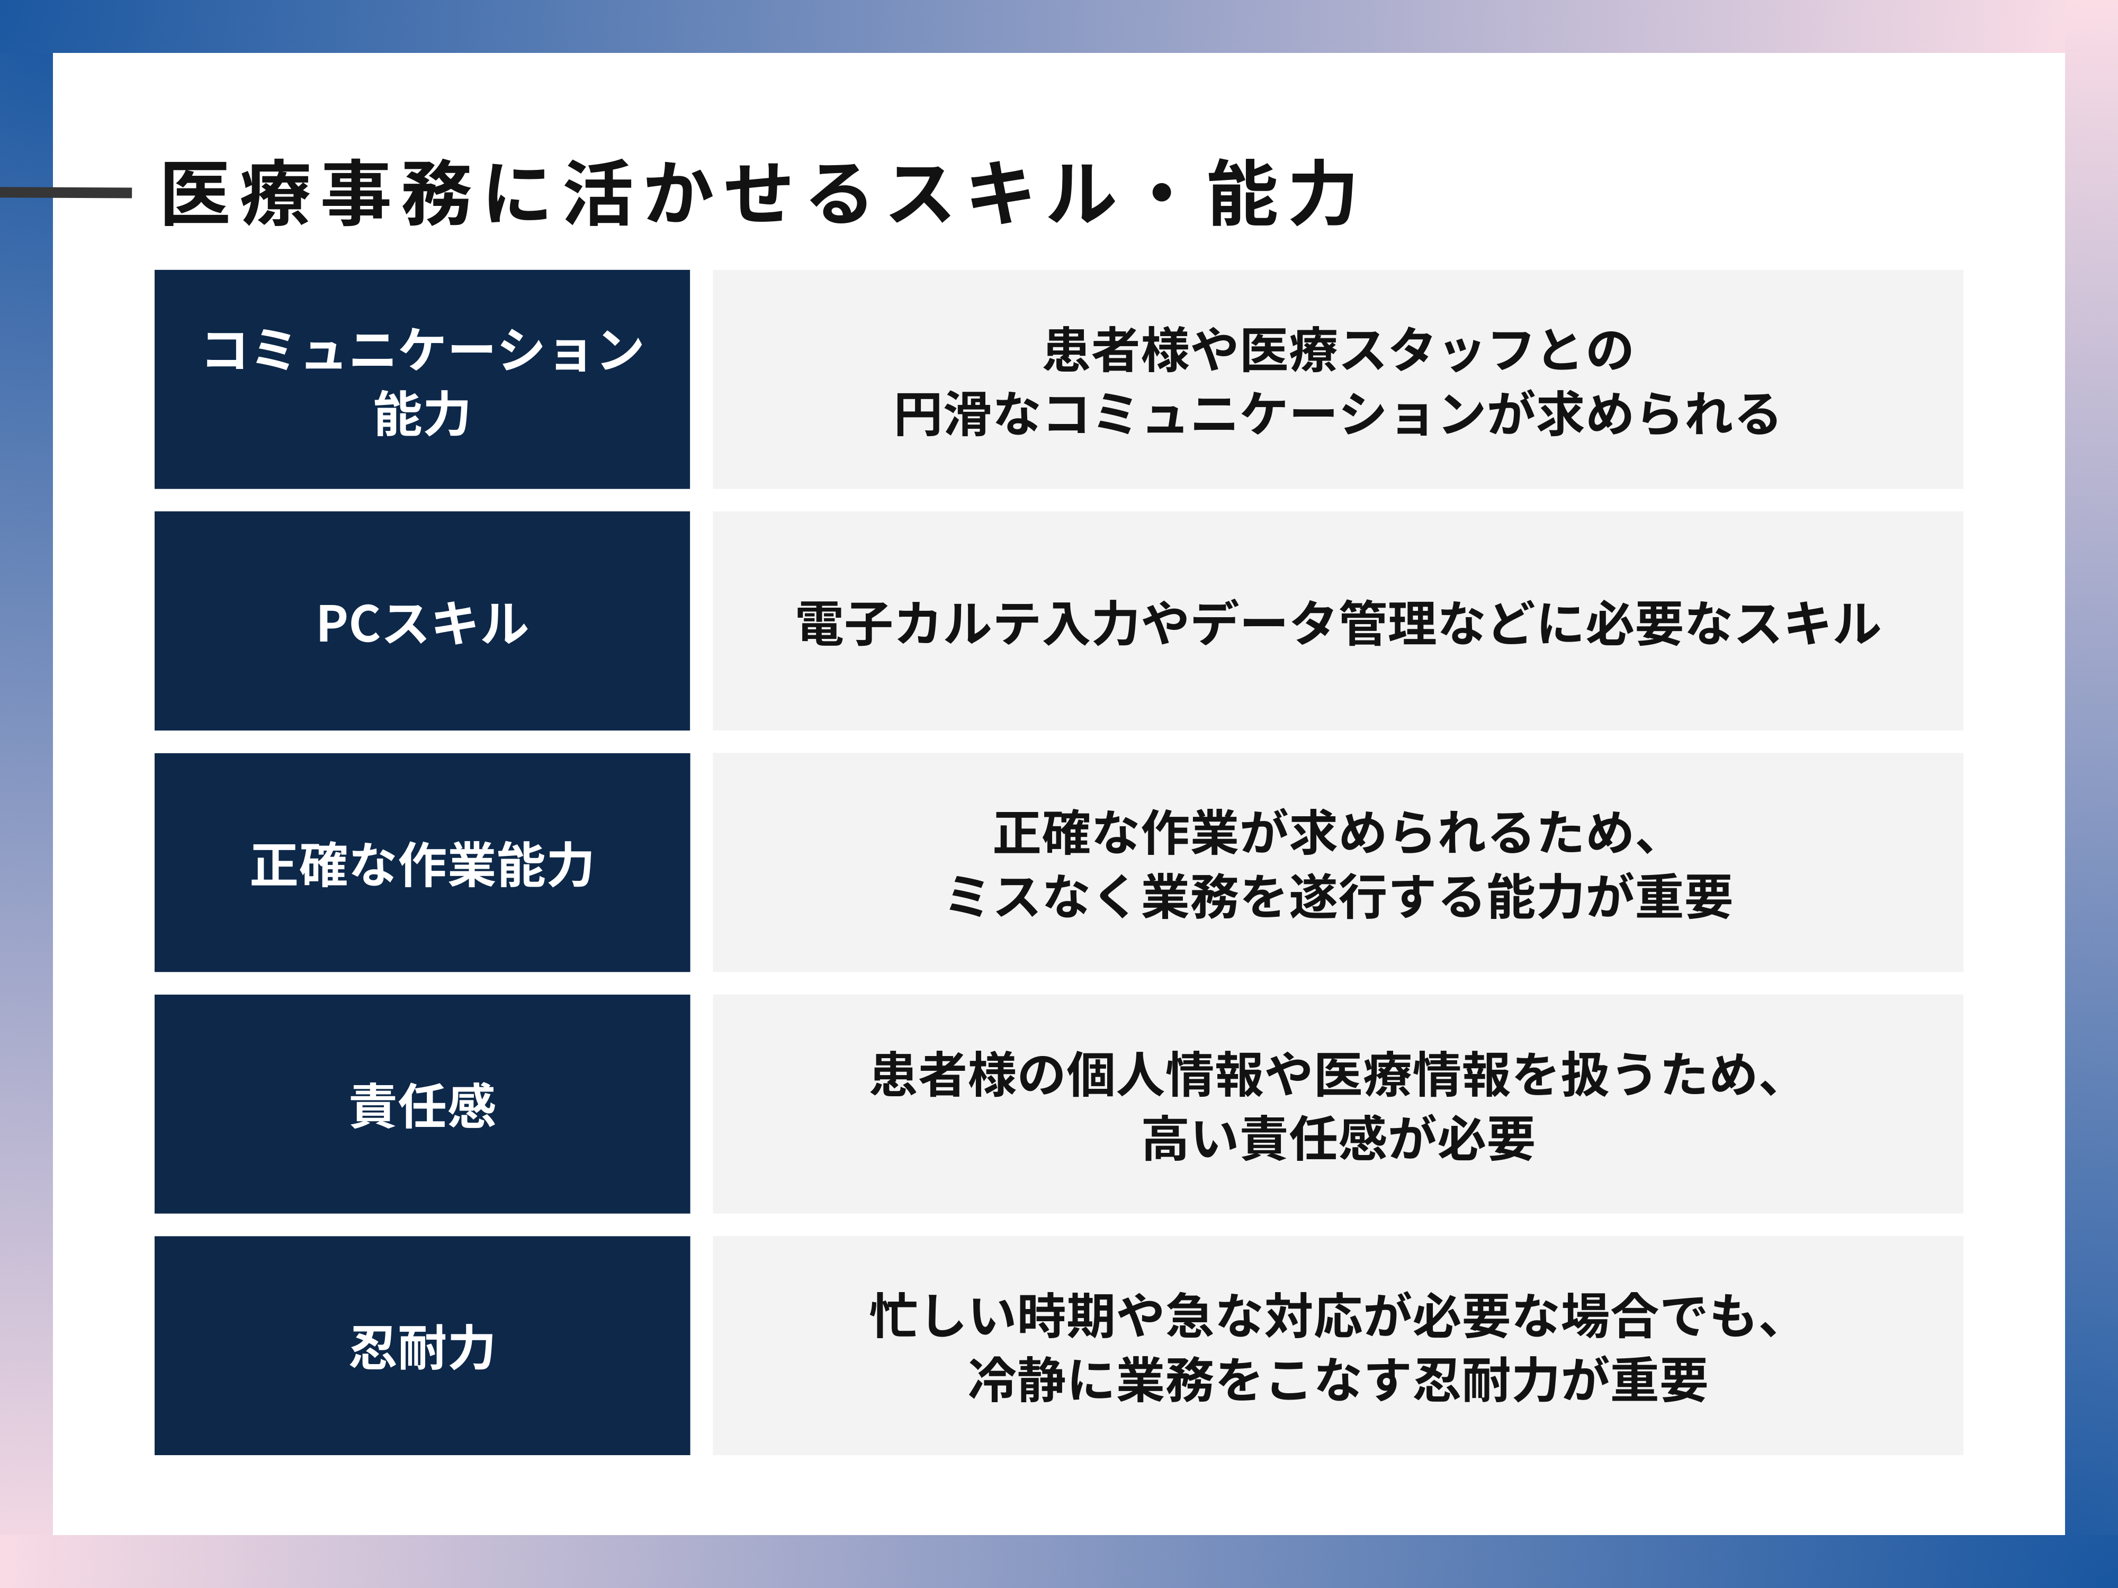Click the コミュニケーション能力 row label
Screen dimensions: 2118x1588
click(x=422, y=381)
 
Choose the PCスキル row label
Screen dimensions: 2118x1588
click(x=422, y=623)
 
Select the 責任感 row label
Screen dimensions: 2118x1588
click(x=422, y=1106)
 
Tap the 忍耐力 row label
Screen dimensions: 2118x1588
click(x=422, y=1348)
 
